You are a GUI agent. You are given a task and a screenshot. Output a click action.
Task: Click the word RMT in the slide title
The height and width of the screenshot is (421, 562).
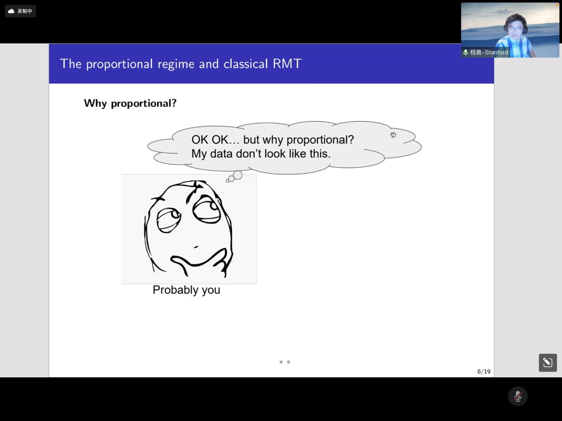(287, 64)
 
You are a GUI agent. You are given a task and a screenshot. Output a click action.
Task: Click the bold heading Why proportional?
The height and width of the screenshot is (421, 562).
(130, 103)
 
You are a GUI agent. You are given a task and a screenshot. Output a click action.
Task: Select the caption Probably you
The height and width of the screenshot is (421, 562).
(187, 290)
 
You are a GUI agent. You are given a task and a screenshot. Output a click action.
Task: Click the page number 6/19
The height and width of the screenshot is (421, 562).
(484, 371)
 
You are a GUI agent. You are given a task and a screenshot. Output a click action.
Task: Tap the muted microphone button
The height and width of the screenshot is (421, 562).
(518, 396)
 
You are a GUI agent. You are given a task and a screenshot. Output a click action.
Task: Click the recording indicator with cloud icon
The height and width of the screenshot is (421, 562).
(20, 11)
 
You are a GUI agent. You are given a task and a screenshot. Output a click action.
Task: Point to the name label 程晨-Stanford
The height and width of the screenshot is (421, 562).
(486, 52)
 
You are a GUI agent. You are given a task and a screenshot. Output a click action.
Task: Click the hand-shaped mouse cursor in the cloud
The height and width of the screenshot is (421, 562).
(393, 135)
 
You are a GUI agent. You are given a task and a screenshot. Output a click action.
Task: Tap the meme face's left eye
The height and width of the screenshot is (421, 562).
(169, 220)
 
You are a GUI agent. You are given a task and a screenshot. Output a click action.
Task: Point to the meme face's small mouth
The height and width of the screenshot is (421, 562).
(196, 247)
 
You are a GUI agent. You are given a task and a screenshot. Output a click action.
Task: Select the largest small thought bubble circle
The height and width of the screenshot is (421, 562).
(238, 175)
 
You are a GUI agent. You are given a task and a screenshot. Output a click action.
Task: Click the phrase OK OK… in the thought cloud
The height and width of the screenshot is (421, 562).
(215, 140)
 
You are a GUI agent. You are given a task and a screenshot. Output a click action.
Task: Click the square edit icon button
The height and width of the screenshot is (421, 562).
(548, 362)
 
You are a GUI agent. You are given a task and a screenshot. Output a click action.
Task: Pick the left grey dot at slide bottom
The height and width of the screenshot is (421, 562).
(281, 362)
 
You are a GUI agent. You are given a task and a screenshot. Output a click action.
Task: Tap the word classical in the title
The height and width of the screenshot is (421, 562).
(245, 64)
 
